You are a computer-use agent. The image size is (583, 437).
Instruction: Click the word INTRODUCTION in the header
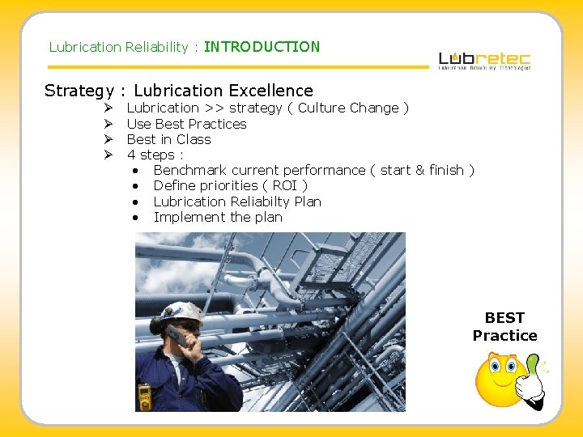[262, 47]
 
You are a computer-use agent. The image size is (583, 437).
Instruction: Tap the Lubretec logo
[484, 61]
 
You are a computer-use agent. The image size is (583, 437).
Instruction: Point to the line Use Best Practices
[186, 124]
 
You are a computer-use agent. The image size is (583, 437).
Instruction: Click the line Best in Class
[168, 139]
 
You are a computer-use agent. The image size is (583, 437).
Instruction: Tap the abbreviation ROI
[286, 185]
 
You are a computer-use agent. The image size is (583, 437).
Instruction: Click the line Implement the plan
[217, 217]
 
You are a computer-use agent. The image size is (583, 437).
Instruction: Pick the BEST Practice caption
[504, 326]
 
